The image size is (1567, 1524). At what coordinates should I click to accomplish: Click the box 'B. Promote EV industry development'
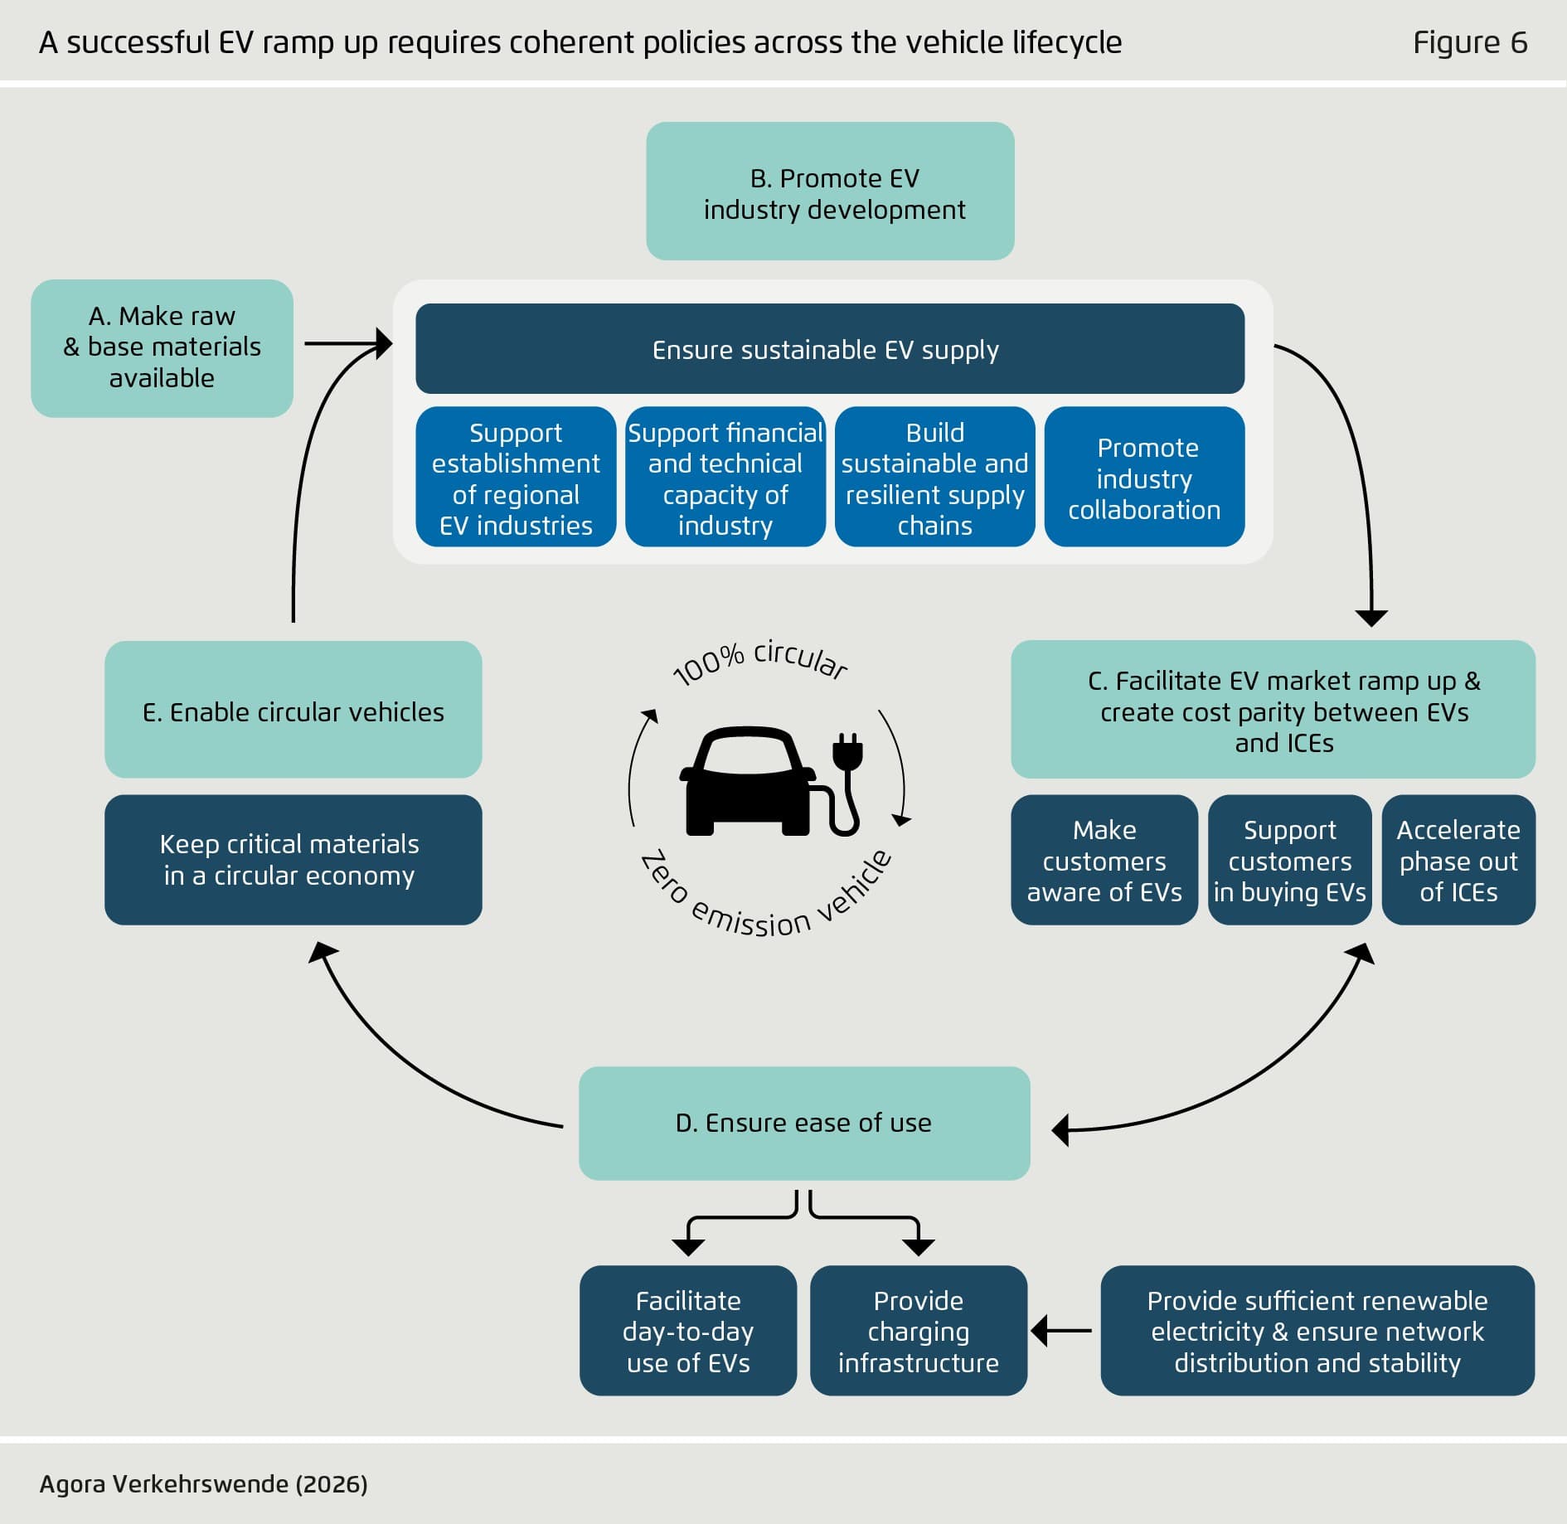(830, 192)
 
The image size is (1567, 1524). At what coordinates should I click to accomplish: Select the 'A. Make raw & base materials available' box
(162, 347)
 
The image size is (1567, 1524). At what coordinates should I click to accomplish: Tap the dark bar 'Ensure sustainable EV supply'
(829, 349)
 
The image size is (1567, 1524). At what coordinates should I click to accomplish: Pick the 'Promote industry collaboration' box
(1144, 478)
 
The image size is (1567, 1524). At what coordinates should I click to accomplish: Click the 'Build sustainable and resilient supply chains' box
(934, 478)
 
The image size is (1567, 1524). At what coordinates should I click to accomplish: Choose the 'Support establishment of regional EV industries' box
(516, 478)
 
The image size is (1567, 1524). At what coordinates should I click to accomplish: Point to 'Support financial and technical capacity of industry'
(725, 478)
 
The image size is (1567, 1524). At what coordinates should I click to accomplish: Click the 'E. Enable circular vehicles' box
(293, 710)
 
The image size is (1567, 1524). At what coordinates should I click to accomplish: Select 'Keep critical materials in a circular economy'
(293, 860)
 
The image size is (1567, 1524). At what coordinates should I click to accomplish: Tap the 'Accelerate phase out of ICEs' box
(1458, 860)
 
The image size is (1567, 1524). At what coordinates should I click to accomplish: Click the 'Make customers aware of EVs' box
(1104, 860)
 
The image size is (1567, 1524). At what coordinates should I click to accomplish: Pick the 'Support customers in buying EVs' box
(1289, 860)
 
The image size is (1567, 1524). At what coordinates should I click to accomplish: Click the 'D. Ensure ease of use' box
(803, 1123)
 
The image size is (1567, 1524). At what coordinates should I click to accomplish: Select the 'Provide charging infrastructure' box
(918, 1331)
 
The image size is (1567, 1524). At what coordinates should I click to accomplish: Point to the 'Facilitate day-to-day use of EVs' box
(687, 1331)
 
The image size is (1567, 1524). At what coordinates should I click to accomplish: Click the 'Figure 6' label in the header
(1469, 42)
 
